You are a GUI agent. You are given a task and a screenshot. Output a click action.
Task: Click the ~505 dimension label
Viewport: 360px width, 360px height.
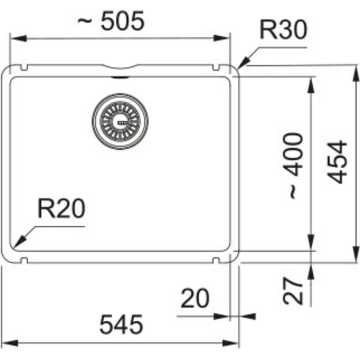(x=111, y=21)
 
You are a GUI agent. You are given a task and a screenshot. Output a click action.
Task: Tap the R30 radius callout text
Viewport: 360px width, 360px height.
(x=283, y=29)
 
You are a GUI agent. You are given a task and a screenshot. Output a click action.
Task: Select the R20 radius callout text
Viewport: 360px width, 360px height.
(x=61, y=209)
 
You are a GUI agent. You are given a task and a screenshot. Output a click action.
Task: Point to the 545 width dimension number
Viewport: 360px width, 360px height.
(x=121, y=324)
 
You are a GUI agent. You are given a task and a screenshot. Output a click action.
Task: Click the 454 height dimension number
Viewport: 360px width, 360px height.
(x=337, y=162)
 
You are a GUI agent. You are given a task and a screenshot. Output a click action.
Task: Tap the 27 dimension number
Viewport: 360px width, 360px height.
(x=293, y=291)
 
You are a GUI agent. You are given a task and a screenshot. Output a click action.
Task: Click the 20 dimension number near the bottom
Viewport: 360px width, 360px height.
(x=195, y=298)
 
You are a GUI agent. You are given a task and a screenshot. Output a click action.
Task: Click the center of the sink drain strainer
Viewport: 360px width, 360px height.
(x=120, y=122)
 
